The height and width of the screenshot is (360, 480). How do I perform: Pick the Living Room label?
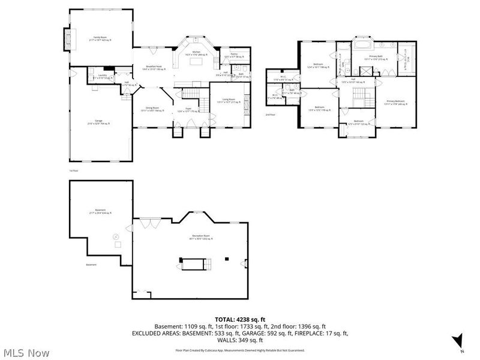pyautogui.click(x=229, y=100)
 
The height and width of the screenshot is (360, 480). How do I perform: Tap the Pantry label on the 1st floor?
pyautogui.click(x=235, y=55)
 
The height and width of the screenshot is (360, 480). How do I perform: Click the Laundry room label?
pyautogui.click(x=103, y=76)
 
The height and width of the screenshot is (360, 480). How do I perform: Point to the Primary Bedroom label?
pyautogui.click(x=396, y=102)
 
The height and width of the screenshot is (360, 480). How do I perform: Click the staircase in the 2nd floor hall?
pyautogui.click(x=359, y=95)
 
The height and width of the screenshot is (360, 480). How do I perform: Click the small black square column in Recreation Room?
pyautogui.click(x=227, y=259)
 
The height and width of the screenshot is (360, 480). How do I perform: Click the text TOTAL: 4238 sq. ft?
pyautogui.click(x=239, y=319)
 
